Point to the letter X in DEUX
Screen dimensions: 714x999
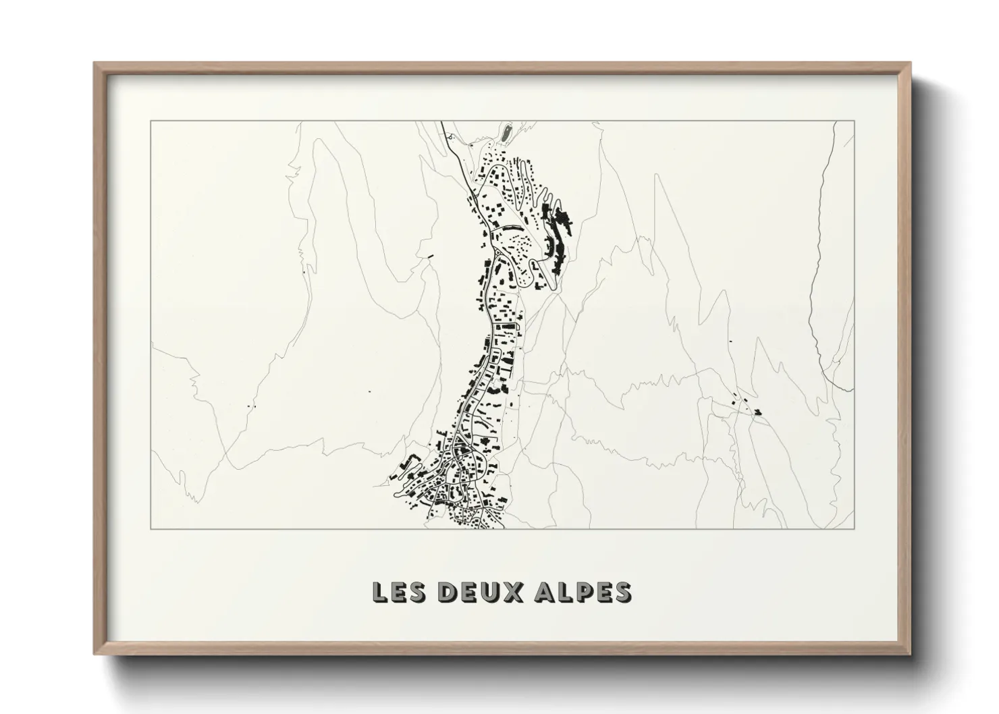point(515,592)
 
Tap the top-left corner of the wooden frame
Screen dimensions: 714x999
point(95,64)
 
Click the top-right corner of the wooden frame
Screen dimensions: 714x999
point(910,64)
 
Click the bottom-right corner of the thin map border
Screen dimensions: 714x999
point(855,528)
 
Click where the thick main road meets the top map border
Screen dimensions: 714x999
point(441,122)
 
